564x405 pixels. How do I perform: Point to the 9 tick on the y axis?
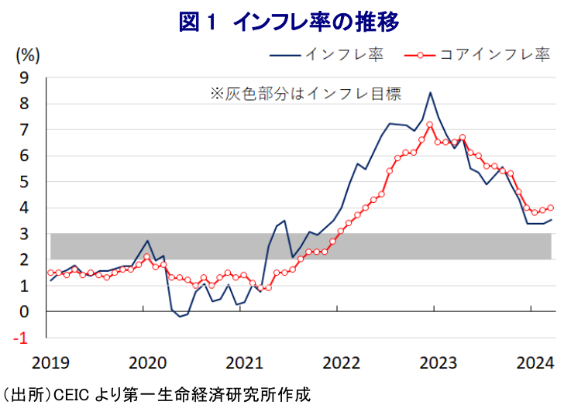click(25, 77)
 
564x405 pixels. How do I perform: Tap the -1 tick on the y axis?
click(23, 338)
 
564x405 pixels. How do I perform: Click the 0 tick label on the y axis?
click(25, 311)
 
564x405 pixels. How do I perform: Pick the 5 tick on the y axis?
click(25, 182)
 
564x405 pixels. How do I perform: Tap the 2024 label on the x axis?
click(533, 362)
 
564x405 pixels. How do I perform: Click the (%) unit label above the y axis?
click(27, 55)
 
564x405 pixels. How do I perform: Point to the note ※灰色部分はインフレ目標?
click(306, 94)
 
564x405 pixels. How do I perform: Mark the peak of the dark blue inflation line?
click(431, 92)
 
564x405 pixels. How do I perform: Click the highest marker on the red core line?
click(429, 124)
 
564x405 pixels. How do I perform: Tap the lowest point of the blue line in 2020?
click(179, 316)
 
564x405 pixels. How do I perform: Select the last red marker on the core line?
click(551, 208)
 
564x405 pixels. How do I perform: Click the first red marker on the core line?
click(50, 273)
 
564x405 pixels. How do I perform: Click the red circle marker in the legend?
click(418, 55)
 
